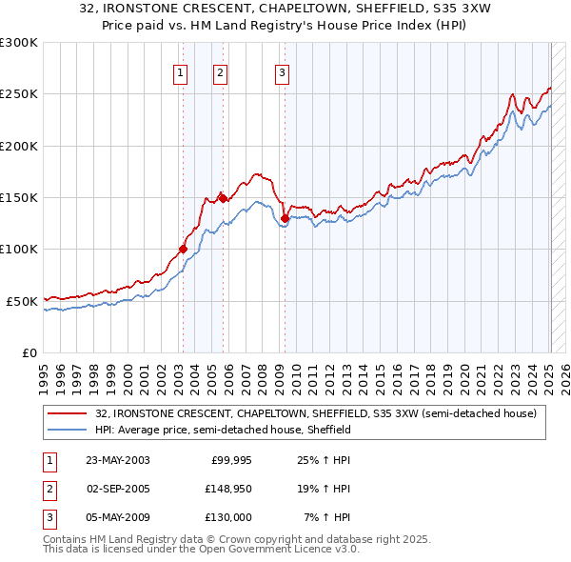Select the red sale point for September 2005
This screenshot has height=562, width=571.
(222, 198)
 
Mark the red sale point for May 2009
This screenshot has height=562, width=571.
(285, 218)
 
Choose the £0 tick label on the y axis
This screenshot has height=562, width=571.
(29, 352)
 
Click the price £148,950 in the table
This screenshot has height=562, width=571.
(226, 489)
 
